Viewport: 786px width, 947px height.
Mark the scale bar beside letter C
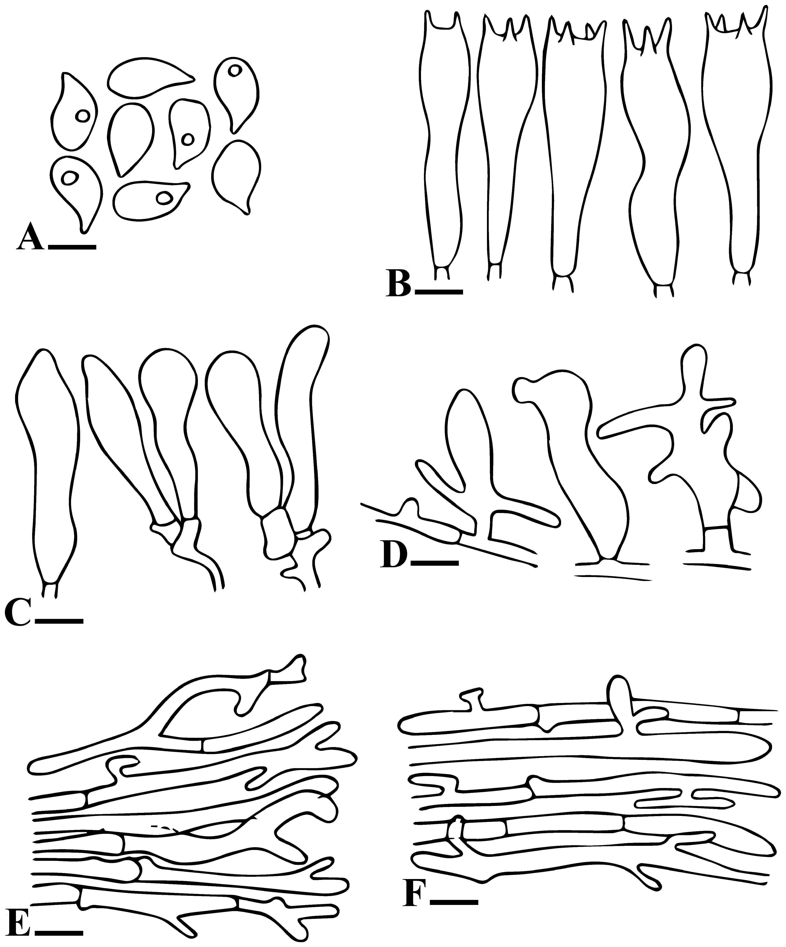click(59, 621)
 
